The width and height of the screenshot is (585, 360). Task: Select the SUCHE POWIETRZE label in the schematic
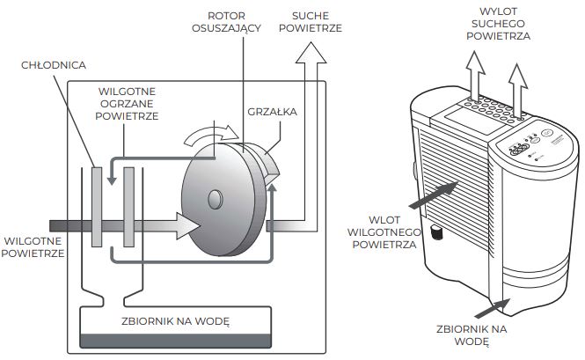(310, 21)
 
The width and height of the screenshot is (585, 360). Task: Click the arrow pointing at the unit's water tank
(494, 307)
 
